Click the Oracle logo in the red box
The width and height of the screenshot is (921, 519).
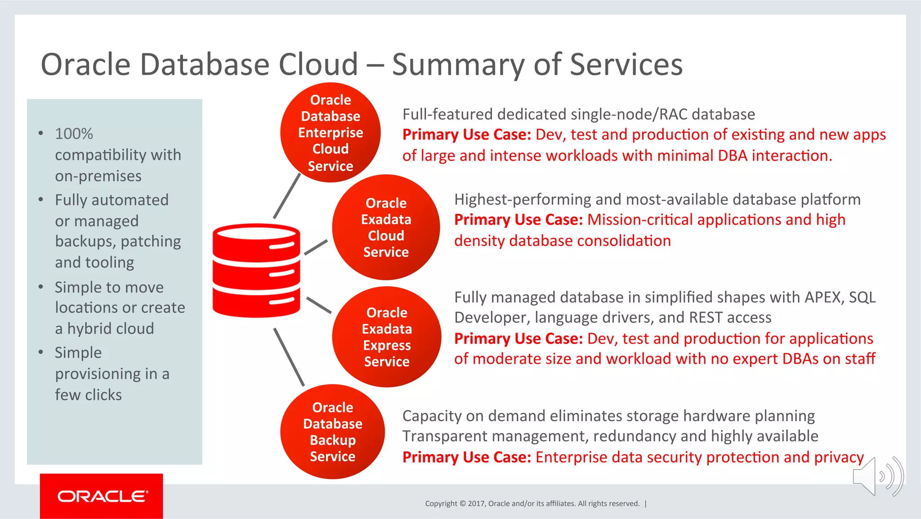point(102,496)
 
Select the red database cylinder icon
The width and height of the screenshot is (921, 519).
point(256,271)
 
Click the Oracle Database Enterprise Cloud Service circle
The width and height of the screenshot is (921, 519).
point(331,132)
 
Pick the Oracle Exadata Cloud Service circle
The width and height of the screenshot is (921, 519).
point(386,227)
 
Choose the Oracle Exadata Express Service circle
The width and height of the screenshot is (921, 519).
point(387,337)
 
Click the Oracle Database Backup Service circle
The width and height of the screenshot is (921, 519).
point(332,432)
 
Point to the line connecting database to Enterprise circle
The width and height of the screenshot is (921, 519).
point(287,196)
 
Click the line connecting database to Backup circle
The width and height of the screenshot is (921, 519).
point(289,357)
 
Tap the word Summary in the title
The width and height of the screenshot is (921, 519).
point(458,64)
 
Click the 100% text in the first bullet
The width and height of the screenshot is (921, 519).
point(74,134)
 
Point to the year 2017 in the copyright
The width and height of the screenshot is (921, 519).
point(476,503)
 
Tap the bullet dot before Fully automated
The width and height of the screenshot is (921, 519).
point(41,199)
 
